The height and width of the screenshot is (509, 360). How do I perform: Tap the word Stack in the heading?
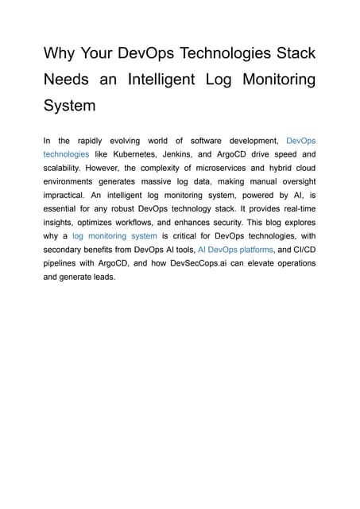click(x=290, y=54)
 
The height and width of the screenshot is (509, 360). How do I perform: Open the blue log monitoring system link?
click(x=114, y=235)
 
